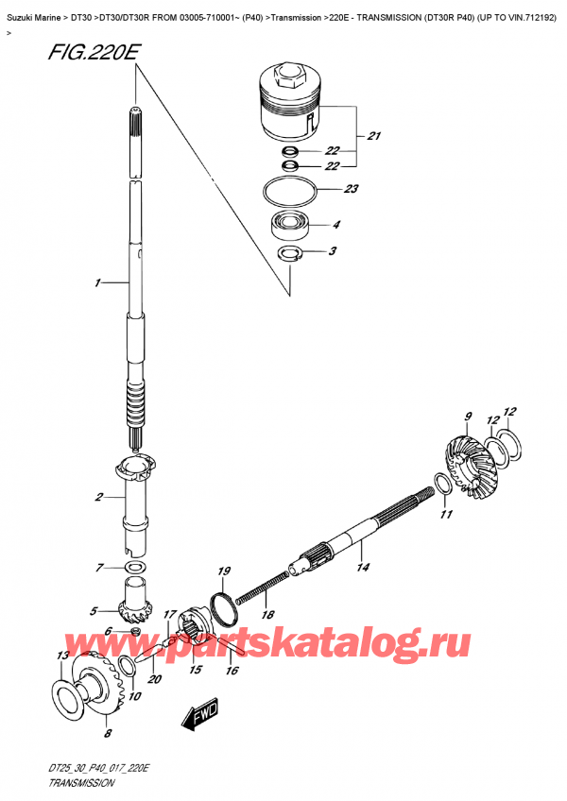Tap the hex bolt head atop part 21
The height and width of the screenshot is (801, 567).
point(288,76)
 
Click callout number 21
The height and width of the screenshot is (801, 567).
point(373,136)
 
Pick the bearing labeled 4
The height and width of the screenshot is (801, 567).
point(290,224)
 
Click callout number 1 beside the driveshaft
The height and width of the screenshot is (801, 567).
point(97,282)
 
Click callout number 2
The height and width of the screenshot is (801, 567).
point(98,496)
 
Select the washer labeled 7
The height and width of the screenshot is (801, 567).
point(134,567)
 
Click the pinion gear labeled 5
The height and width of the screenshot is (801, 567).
point(133,601)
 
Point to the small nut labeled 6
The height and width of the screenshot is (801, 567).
point(135,632)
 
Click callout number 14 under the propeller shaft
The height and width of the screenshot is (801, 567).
point(363,567)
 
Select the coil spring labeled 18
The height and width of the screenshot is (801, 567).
point(262,588)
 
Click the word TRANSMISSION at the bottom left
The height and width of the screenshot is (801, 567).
point(81,783)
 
